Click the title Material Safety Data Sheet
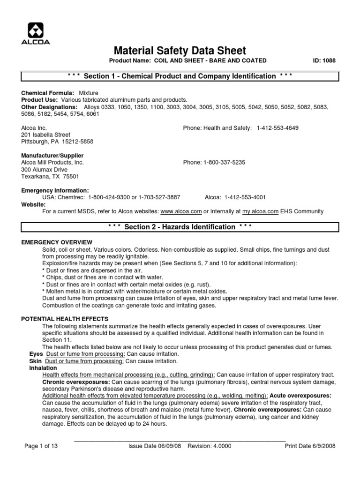point(180,51)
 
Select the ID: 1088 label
point(324,60)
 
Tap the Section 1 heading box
point(180,76)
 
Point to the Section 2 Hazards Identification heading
point(180,227)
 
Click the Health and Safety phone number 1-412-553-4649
point(277,128)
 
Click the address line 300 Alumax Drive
point(45,169)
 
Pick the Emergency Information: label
point(55,190)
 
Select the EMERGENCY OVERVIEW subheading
point(57,242)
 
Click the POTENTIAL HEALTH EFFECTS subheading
point(65,319)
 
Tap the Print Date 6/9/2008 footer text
point(310,446)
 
